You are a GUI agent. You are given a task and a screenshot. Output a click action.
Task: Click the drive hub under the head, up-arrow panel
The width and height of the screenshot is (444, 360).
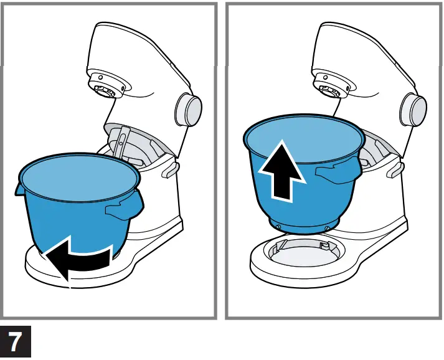click(328, 85)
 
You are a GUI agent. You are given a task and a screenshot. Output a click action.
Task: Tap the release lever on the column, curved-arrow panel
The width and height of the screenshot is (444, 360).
click(172, 168)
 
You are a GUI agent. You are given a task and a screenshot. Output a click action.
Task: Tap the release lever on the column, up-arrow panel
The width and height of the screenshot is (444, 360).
click(397, 168)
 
